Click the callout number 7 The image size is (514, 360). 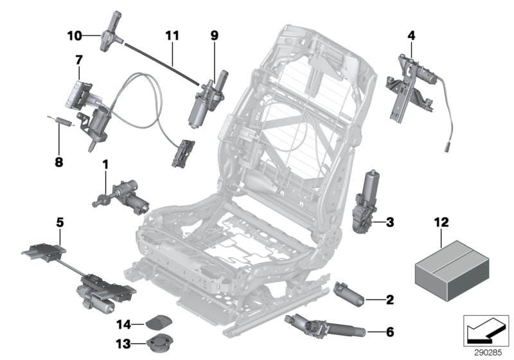point(79,59)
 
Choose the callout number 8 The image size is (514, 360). point(60,145)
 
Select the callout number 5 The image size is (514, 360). point(60,223)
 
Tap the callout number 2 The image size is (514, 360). point(389,299)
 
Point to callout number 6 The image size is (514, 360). point(389,332)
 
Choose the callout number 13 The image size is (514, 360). point(123,341)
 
